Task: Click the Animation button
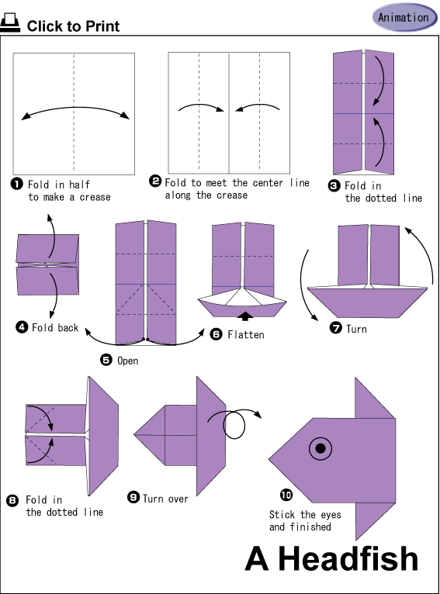404,17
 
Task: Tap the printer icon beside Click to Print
10,22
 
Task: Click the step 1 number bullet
16,184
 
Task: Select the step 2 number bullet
155,181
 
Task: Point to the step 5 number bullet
106,360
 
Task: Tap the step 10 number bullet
286,495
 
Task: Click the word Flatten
245,334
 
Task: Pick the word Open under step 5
128,361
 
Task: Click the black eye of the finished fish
320,448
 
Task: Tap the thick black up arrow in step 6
245,316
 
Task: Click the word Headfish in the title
348,558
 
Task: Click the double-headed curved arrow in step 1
75,108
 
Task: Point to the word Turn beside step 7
356,329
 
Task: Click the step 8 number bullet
12,500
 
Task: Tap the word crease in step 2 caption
232,195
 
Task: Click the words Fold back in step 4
55,327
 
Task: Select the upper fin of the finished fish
375,398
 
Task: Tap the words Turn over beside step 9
165,498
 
